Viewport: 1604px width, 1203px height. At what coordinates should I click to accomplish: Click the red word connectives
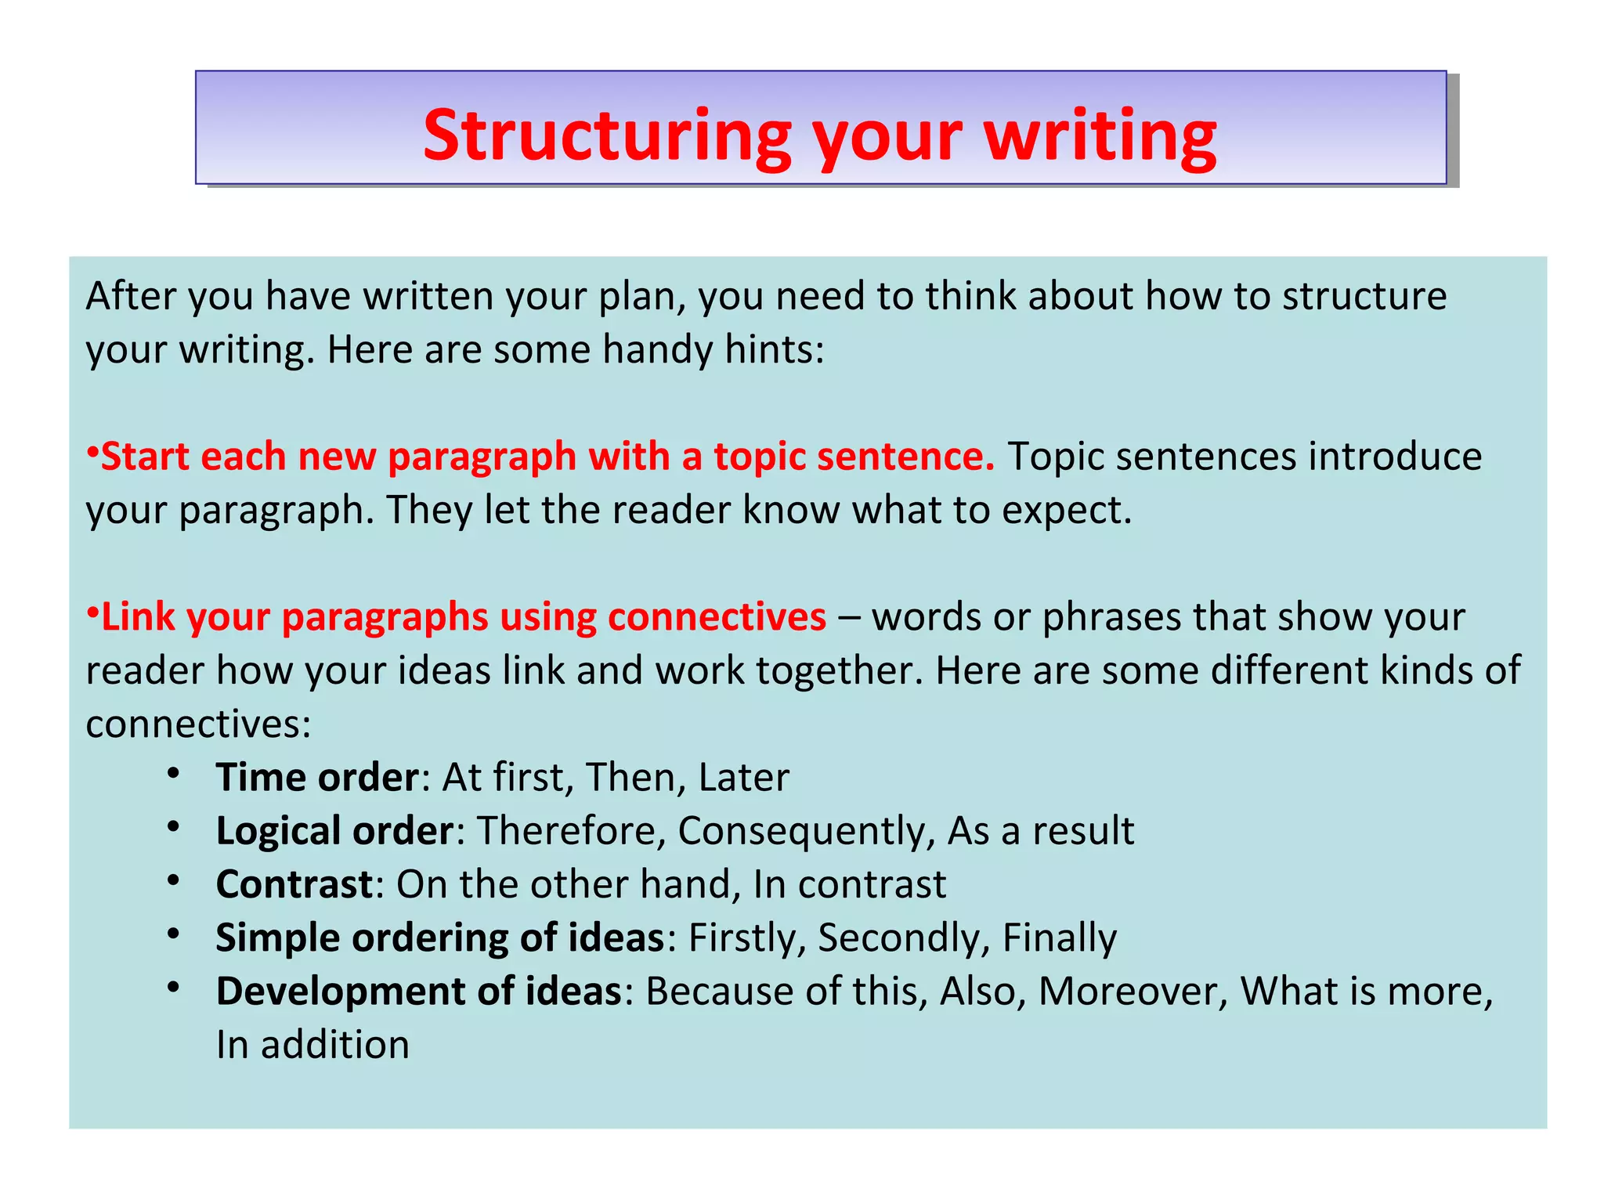(x=716, y=617)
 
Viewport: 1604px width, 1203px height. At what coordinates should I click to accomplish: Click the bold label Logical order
(x=334, y=831)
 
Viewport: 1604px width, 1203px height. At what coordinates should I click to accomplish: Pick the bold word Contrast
(x=294, y=884)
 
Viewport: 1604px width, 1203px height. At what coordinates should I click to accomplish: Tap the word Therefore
(x=571, y=831)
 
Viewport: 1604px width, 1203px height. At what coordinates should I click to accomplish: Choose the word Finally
(x=1059, y=938)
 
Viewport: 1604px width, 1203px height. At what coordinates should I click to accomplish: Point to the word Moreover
(x=1133, y=992)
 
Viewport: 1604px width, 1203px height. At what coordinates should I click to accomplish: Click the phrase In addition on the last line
(x=312, y=1046)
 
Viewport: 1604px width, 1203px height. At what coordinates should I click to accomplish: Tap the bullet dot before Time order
(x=174, y=773)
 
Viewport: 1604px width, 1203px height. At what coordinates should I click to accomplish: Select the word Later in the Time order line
(x=743, y=778)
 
